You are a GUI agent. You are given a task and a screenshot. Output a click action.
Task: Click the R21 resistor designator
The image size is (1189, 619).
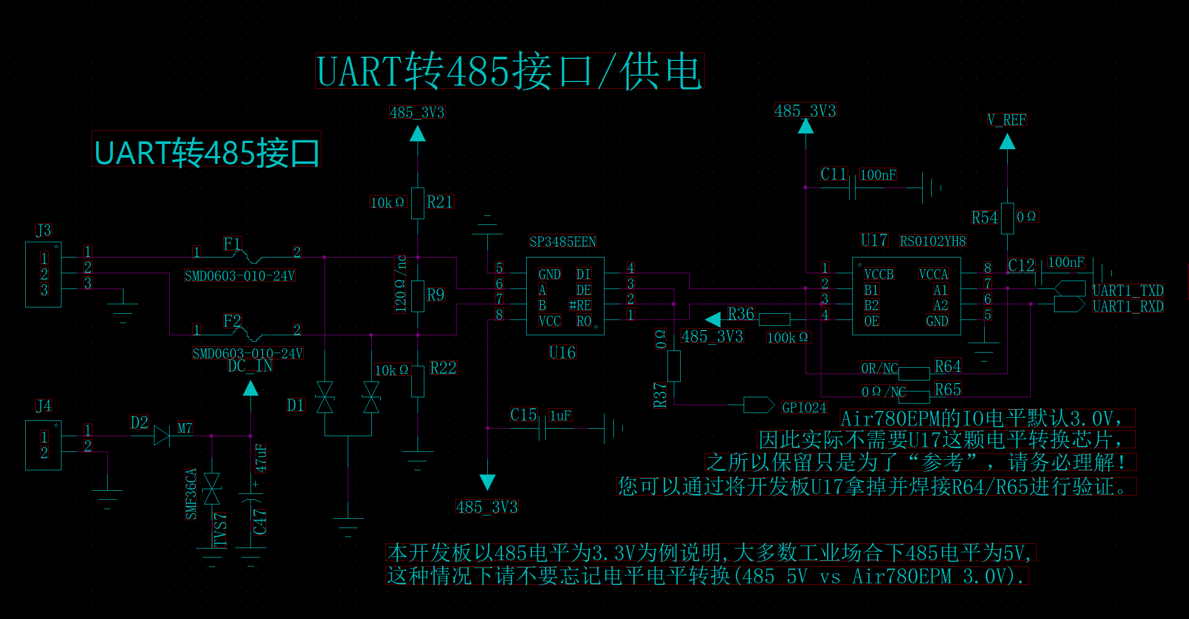(x=440, y=202)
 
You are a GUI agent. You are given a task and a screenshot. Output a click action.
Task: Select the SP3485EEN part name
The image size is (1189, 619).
(x=562, y=242)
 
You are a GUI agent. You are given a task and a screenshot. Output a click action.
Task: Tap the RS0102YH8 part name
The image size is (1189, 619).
(x=933, y=241)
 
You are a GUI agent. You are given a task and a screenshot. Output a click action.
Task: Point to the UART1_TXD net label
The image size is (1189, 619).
(x=1128, y=291)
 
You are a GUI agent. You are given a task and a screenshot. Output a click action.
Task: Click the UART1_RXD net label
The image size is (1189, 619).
(x=1128, y=306)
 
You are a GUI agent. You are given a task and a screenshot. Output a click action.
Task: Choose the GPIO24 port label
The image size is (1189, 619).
(x=804, y=407)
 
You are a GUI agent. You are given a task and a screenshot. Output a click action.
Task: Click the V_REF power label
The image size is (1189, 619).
(x=1007, y=120)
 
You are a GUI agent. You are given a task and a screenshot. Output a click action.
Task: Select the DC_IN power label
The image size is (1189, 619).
(x=250, y=366)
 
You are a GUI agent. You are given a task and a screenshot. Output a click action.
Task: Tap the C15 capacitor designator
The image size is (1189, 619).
(x=524, y=415)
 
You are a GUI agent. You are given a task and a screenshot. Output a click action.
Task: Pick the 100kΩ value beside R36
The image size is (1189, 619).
(x=788, y=337)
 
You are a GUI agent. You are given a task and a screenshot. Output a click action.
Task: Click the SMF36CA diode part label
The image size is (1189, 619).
(x=191, y=494)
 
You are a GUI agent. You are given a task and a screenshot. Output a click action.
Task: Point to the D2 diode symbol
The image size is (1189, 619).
(x=162, y=436)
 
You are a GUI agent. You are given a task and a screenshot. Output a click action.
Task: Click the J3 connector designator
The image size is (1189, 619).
(x=44, y=230)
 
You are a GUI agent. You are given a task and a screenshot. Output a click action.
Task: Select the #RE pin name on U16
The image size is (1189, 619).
(x=580, y=305)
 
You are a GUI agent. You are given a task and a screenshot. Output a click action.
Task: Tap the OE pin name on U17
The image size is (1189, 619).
(x=871, y=321)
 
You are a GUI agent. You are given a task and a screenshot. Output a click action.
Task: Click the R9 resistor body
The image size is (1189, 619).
(x=418, y=296)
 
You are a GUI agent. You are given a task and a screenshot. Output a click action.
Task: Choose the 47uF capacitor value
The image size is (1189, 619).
(x=260, y=458)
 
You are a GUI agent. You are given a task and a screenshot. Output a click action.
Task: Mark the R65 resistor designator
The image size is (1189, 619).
(x=948, y=389)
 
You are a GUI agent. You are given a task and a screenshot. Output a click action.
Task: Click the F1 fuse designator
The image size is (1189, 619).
(x=232, y=244)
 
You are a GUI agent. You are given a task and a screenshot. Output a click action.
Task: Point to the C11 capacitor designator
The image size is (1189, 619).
(x=834, y=174)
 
